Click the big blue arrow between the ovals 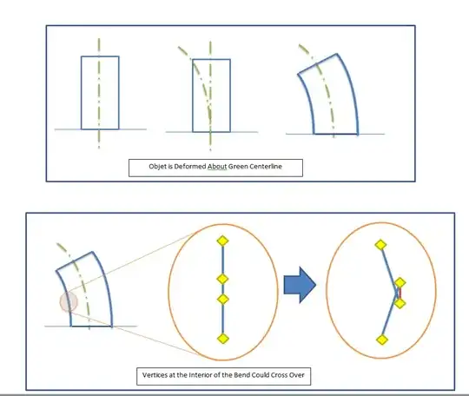pyautogui.click(x=300, y=285)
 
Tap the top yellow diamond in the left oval pyautogui.click(x=222, y=241)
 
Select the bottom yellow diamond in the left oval pyautogui.click(x=222, y=339)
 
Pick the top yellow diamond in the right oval pyautogui.click(x=380, y=245)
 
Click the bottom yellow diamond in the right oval pyautogui.click(x=382, y=340)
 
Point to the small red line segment pyautogui.click(x=400, y=293)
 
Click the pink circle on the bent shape pyautogui.click(x=69, y=301)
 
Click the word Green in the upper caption pyautogui.click(x=239, y=166)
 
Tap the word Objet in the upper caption pyautogui.click(x=156, y=167)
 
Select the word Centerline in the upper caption pyautogui.click(x=266, y=166)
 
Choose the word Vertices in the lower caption pyautogui.click(x=154, y=375)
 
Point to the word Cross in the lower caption pyautogui.click(x=279, y=375)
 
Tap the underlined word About pyautogui.click(x=217, y=166)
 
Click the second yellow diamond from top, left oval pyautogui.click(x=222, y=279)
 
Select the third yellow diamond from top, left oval pyautogui.click(x=222, y=299)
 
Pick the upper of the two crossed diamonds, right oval pyautogui.click(x=400, y=282)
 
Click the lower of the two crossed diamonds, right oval pyautogui.click(x=400, y=303)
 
